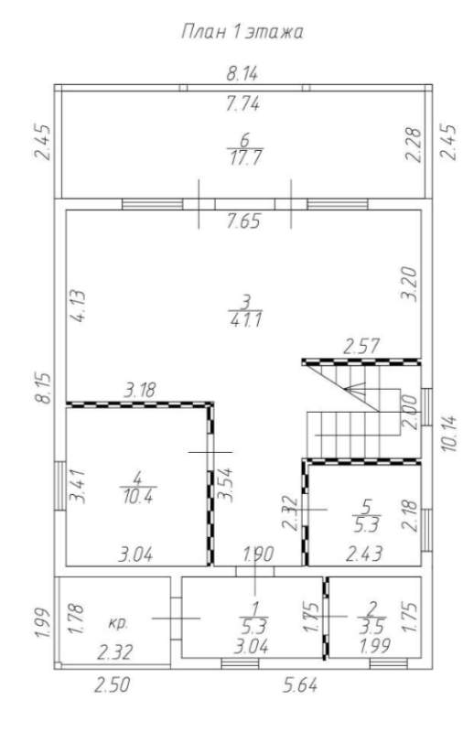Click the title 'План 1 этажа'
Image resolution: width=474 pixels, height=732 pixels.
pos(242,32)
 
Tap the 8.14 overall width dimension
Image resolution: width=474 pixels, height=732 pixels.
pos(242,74)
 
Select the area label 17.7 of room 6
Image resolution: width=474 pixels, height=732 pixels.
pos(245,157)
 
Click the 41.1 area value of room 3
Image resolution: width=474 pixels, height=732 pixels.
pos(245,320)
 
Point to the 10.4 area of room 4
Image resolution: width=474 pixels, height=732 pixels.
pos(138,497)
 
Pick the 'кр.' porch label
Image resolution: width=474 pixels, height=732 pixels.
pos(118,623)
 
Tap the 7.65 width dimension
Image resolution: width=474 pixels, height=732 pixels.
pos(243,221)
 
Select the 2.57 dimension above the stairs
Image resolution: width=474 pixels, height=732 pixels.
pos(361,347)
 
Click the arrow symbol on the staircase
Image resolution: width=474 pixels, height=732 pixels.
pos(356,391)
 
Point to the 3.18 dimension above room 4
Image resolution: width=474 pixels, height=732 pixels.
pos(140,390)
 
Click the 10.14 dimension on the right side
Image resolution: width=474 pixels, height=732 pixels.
pos(450,433)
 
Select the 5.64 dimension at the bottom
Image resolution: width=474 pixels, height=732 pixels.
pos(301,685)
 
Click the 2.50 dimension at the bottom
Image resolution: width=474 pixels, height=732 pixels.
pos(112,685)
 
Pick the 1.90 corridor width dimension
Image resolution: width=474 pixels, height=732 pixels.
pos(258,554)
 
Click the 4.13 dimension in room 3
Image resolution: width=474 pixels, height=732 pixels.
pos(78,307)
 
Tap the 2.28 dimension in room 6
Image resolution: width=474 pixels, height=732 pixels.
pos(413,145)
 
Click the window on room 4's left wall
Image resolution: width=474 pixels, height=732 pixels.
pos(59,486)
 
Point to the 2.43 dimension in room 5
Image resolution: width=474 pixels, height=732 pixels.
pos(364,554)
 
